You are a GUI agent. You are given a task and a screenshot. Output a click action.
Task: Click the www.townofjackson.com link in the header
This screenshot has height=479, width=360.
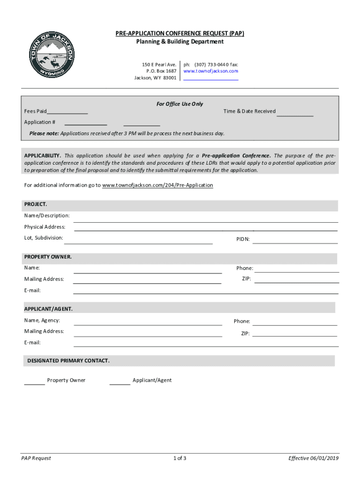tap(211, 71)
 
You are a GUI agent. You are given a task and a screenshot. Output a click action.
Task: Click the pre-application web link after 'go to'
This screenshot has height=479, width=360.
tap(158, 185)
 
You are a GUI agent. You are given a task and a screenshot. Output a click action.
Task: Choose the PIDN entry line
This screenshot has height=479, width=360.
tap(295, 240)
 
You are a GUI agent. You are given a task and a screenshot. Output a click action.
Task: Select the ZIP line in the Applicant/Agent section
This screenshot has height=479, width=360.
tap(295, 334)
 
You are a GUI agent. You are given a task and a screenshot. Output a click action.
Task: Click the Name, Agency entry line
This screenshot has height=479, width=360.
tap(148, 322)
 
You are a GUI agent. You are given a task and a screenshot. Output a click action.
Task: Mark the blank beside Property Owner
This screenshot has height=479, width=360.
tap(34, 381)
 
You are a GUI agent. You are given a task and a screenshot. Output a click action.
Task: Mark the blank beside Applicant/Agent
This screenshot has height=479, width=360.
tap(120, 381)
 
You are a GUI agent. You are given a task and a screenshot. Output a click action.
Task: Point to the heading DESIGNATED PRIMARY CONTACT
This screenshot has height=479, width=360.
tap(68, 361)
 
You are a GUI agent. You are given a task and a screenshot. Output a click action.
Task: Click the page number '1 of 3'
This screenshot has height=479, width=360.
tap(180, 458)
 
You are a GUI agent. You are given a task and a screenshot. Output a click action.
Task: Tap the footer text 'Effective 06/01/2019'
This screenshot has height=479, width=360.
tap(313, 458)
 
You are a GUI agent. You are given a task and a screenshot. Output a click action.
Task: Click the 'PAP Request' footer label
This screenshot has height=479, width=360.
tap(36, 458)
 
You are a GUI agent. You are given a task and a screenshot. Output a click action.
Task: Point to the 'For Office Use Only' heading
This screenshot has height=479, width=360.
tap(180, 104)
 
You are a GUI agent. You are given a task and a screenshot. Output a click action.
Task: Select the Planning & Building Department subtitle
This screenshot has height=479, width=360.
tap(180, 42)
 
